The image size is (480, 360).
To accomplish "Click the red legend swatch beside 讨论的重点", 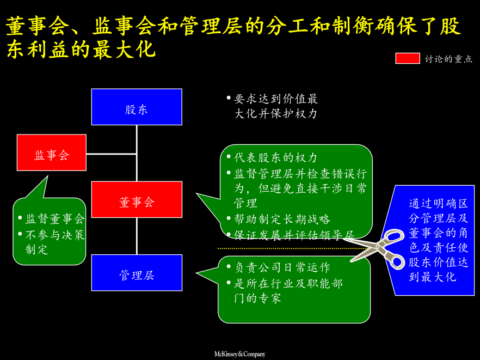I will pos(407,58).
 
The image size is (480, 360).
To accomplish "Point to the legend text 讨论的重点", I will pos(448,59).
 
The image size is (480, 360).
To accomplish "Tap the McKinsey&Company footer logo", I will pos(239,354).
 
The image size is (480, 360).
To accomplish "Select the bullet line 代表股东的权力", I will pos(276,158).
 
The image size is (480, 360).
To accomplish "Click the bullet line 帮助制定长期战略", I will pos(282,219).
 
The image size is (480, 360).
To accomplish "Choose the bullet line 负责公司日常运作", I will pos(282,267).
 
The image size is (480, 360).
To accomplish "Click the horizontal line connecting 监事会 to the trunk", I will pos(112,154).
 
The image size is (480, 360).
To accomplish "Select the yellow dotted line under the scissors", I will pos(283,248).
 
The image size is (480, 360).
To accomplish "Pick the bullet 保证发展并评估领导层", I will pos(294,235).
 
